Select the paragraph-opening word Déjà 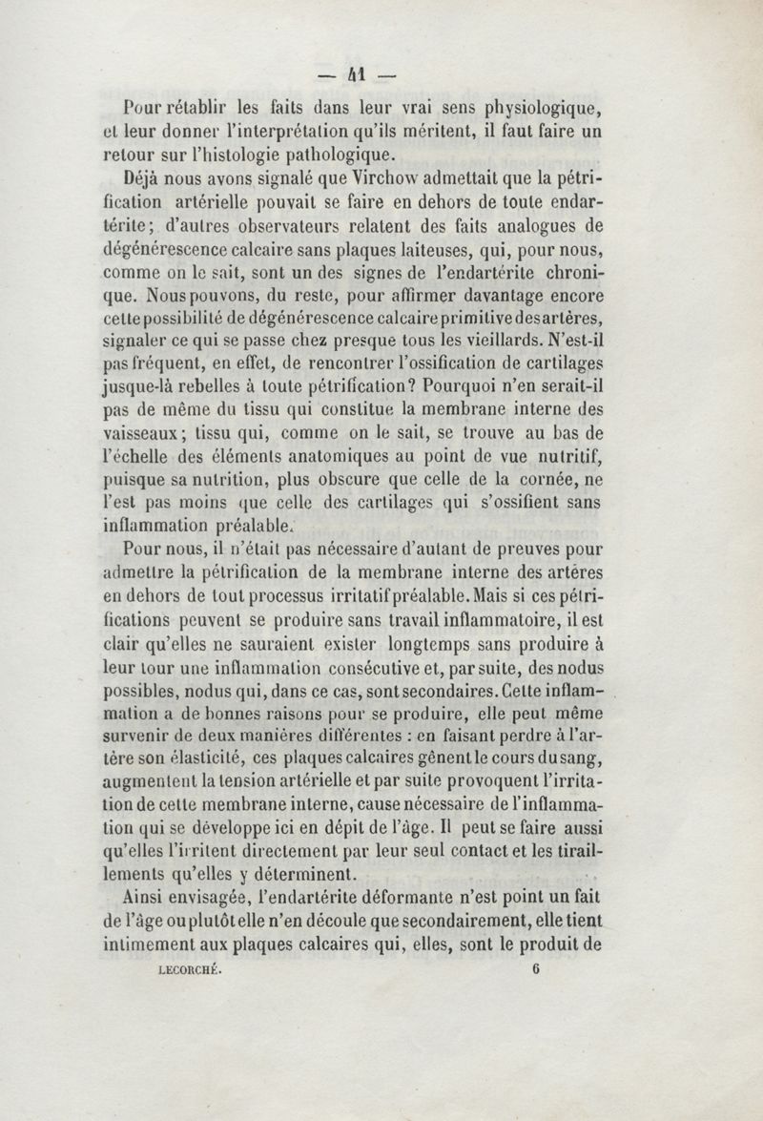point(147,177)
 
